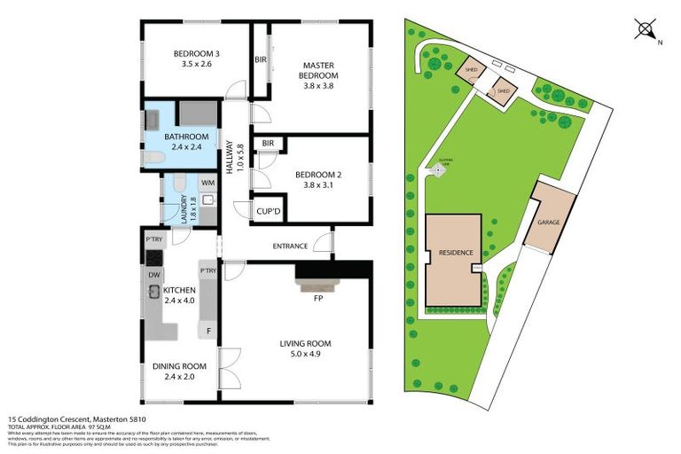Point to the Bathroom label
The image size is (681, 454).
(x=186, y=142)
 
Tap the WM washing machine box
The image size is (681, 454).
(x=207, y=184)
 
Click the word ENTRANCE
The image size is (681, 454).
(x=290, y=246)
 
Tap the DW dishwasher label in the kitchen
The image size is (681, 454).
(x=153, y=275)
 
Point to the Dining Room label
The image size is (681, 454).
(x=181, y=372)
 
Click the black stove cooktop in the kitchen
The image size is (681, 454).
(x=152, y=258)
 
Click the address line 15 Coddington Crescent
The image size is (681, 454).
(x=76, y=419)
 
